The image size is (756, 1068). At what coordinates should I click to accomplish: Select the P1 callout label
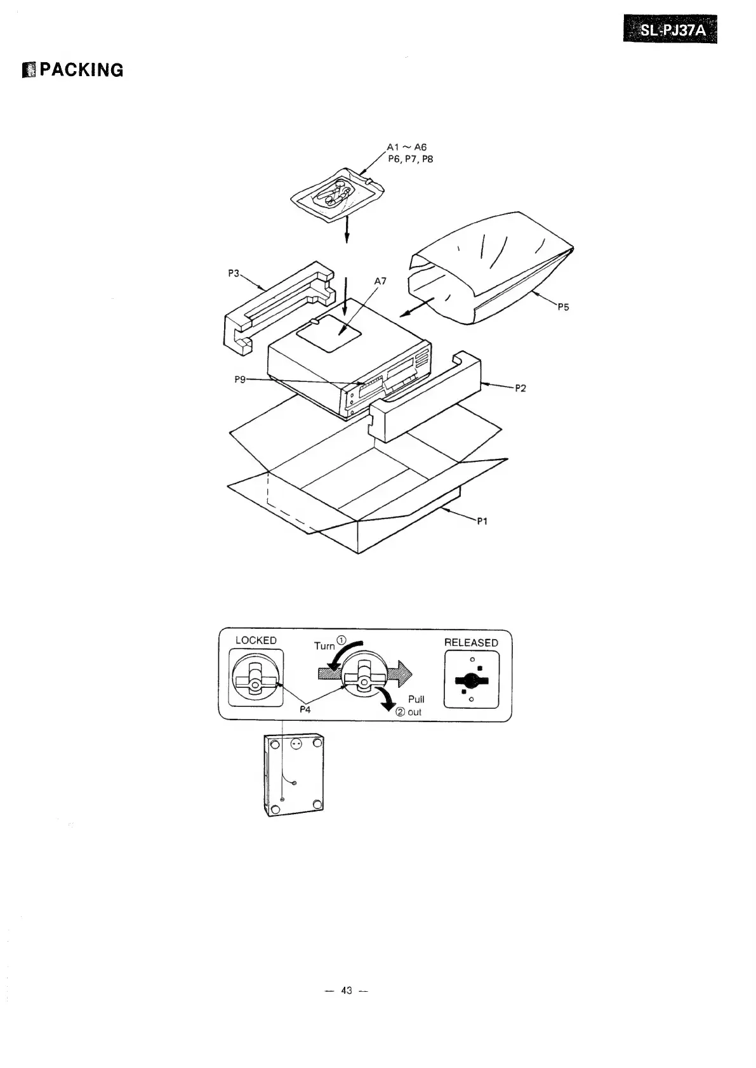(482, 522)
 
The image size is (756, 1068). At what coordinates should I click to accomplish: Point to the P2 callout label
(520, 388)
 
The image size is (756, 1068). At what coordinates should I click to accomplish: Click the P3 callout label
(234, 274)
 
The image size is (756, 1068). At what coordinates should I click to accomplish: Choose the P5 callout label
(563, 308)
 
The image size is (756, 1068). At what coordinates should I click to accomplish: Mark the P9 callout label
(239, 379)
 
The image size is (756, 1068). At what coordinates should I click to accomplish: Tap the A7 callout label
(380, 280)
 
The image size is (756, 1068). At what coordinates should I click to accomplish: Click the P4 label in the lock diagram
(305, 710)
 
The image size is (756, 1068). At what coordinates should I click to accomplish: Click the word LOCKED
(256, 640)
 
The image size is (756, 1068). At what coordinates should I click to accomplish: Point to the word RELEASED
(471, 642)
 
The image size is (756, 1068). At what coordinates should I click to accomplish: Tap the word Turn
(324, 646)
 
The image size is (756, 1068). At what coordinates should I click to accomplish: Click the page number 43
(347, 991)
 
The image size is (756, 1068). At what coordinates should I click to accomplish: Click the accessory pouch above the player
(336, 194)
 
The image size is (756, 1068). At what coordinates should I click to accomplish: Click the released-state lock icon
(471, 680)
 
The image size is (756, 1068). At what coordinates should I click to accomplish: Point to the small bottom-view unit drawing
(294, 775)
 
